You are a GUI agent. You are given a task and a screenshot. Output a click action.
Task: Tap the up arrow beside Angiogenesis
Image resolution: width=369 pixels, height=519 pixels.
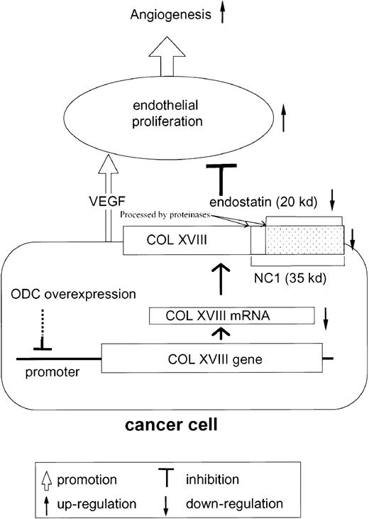point(224,12)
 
